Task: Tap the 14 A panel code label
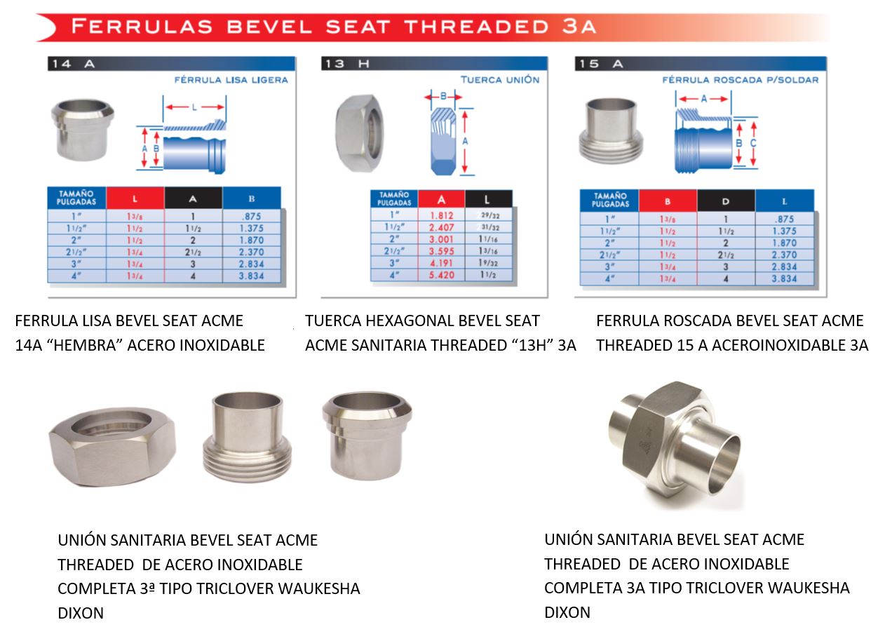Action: pyautogui.click(x=72, y=64)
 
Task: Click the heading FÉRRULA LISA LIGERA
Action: pyautogui.click(x=231, y=80)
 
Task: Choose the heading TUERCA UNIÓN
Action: pyautogui.click(x=500, y=80)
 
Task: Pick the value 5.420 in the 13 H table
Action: pyautogui.click(x=441, y=275)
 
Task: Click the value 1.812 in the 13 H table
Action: pyautogui.click(x=441, y=216)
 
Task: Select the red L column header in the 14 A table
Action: pyautogui.click(x=135, y=198)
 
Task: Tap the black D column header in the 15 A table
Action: pyautogui.click(x=726, y=201)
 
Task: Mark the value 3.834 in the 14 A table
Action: pyautogui.click(x=251, y=276)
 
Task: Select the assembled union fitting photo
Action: pyautogui.click(x=673, y=444)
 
